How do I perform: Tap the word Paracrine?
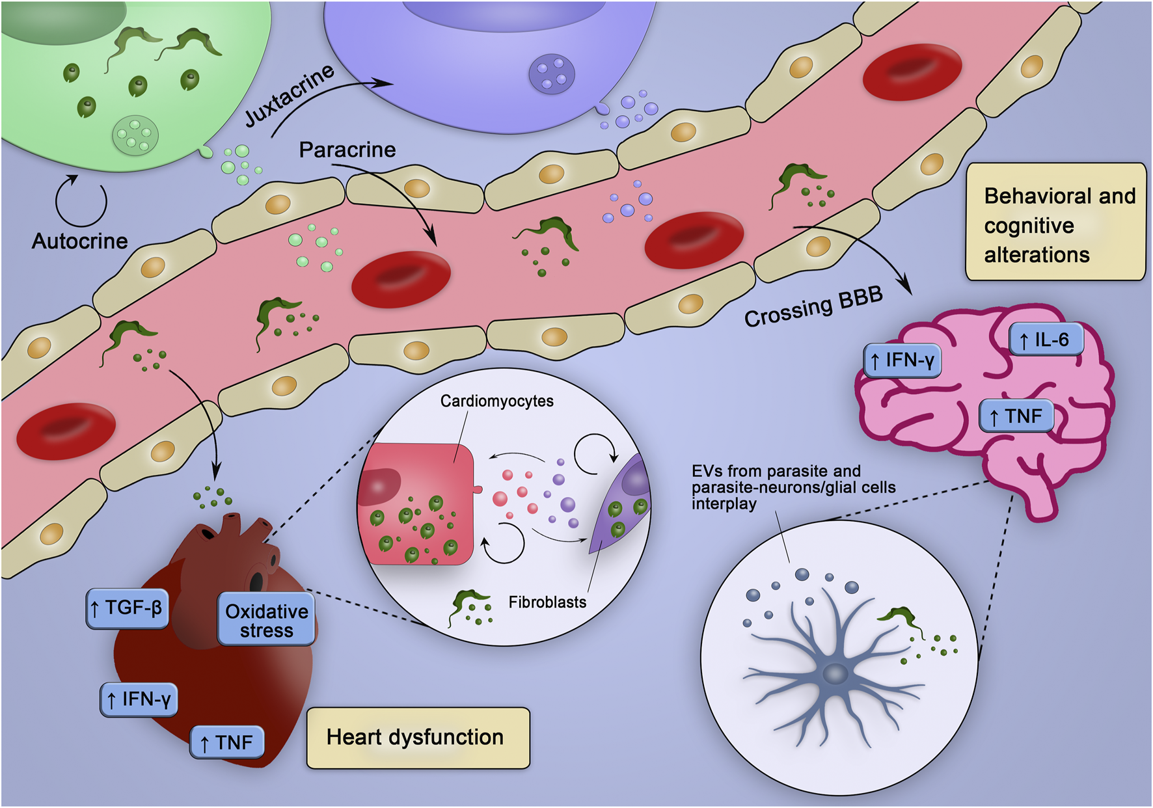(x=347, y=150)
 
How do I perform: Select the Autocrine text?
(x=79, y=241)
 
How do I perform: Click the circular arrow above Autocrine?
(x=81, y=201)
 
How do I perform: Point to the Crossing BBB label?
(x=813, y=307)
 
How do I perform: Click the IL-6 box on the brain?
(x=1046, y=339)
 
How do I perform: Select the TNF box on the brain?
(x=1016, y=416)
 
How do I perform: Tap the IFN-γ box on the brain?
(x=902, y=360)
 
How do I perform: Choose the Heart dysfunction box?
(x=418, y=738)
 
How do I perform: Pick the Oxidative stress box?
(x=266, y=620)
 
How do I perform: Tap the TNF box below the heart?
(x=227, y=742)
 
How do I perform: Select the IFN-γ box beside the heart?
(x=139, y=699)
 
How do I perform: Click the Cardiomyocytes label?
(x=496, y=401)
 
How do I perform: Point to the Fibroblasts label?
(x=547, y=602)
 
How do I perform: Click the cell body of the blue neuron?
(x=835, y=673)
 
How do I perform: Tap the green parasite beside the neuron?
(x=901, y=618)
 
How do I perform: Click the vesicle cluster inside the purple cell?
(x=552, y=74)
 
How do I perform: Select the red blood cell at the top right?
(x=912, y=72)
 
